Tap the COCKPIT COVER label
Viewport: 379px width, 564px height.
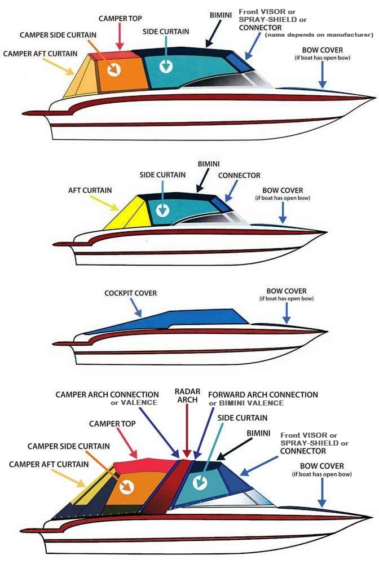click(x=130, y=293)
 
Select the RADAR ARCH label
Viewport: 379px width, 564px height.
click(x=187, y=395)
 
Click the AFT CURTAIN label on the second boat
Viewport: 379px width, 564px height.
click(x=90, y=191)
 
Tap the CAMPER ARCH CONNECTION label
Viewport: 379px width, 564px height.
click(x=107, y=395)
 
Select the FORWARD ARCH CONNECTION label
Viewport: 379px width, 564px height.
click(x=263, y=395)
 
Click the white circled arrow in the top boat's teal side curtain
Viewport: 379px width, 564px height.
click(x=166, y=67)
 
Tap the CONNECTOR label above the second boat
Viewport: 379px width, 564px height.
click(x=239, y=176)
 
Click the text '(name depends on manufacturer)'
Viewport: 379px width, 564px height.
click(x=319, y=35)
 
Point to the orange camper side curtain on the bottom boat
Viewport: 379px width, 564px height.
click(x=135, y=485)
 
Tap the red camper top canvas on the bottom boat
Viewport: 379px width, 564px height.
click(x=144, y=466)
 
